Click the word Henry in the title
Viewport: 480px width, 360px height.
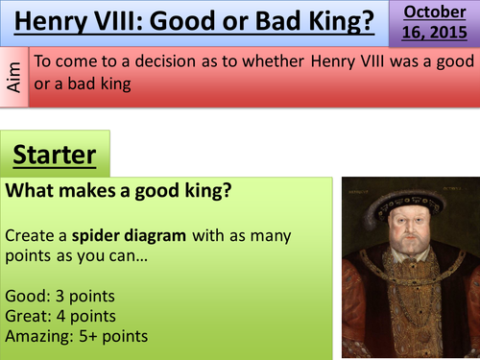[x=57, y=21]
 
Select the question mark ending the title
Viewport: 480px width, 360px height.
[x=369, y=21]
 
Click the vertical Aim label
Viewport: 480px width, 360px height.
[x=13, y=71]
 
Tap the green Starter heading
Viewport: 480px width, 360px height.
[x=57, y=156]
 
